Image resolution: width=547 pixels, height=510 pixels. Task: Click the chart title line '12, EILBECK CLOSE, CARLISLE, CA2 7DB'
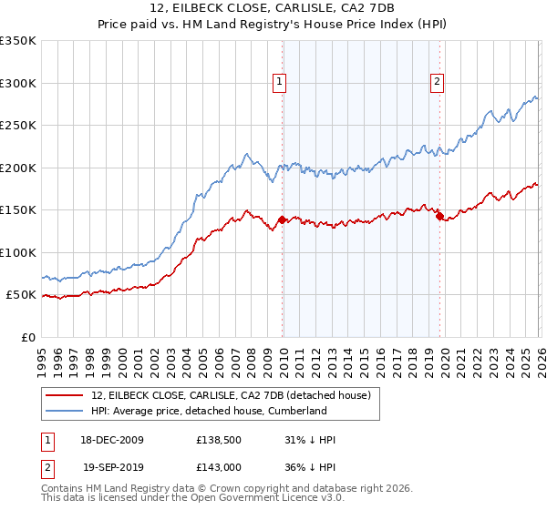pos(273,9)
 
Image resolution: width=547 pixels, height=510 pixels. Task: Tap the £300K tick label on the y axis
pos(18,83)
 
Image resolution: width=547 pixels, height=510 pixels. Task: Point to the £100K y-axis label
pos(18,252)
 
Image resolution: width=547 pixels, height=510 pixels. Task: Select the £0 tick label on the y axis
pos(27,337)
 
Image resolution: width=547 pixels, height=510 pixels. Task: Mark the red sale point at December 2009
pos(282,219)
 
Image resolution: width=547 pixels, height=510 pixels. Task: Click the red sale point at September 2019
pos(439,216)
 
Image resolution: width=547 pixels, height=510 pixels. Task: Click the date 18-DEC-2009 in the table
pos(113,440)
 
